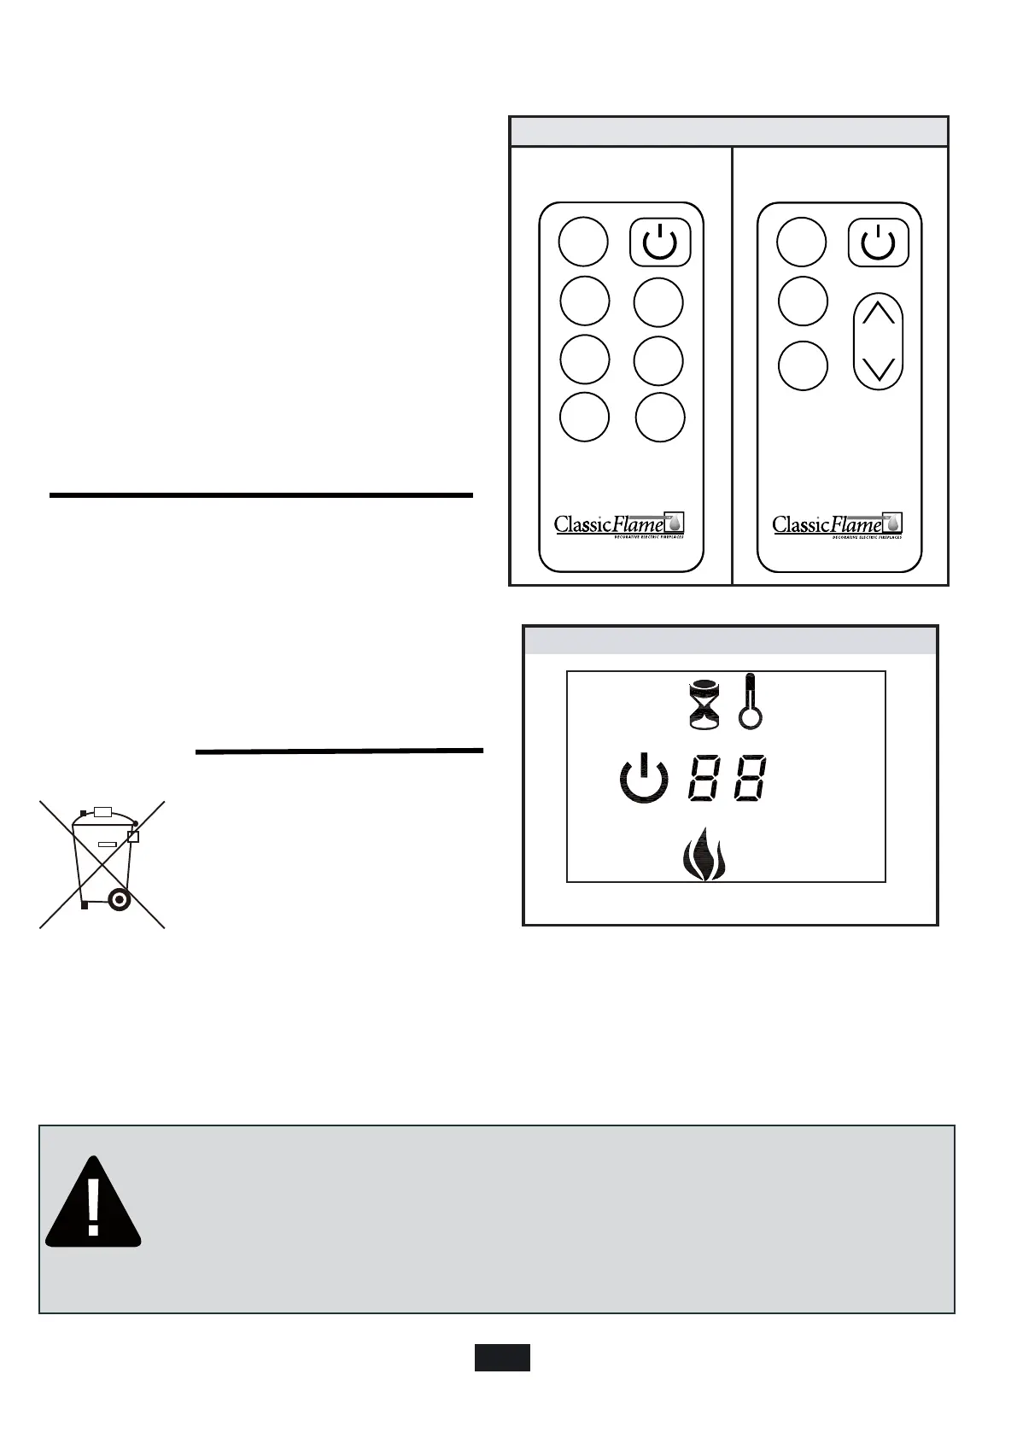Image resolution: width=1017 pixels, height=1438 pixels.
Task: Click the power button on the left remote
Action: point(660,243)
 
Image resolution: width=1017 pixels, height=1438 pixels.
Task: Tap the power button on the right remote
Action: point(878,243)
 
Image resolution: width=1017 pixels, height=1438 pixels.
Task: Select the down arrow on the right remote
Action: point(879,369)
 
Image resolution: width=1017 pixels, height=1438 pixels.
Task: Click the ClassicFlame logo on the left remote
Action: point(619,525)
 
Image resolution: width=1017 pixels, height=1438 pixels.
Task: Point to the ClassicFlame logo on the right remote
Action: point(838,525)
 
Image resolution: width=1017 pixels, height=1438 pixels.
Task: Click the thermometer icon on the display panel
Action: point(750,701)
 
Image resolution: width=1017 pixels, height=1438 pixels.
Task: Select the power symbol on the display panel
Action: point(644,778)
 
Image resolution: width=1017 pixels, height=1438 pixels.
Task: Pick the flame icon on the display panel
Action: point(705,853)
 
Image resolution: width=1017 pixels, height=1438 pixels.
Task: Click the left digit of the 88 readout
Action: point(704,778)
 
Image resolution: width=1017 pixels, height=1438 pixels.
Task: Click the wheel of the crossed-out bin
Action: point(118,898)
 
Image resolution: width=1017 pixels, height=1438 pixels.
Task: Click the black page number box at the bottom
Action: point(502,1357)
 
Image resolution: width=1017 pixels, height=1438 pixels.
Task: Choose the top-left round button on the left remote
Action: point(583,242)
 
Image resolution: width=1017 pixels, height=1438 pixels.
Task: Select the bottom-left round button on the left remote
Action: point(585,418)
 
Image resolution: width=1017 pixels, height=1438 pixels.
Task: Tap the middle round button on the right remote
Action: point(804,301)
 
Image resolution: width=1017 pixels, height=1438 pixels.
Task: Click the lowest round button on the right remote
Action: point(803,365)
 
